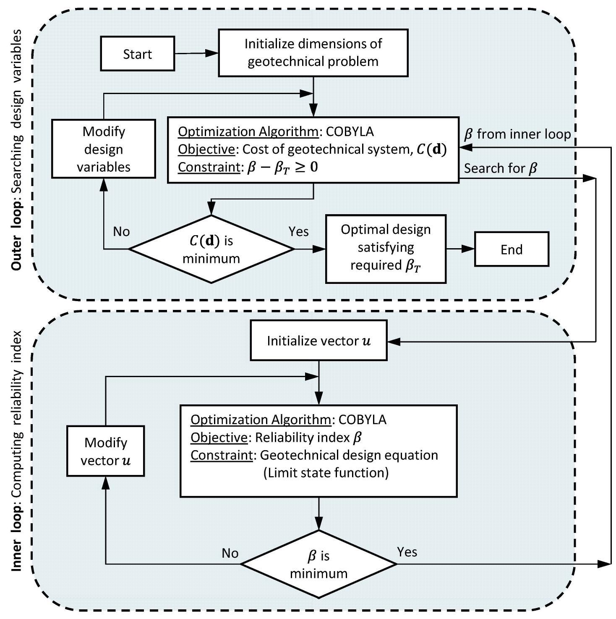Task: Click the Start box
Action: [x=137, y=54]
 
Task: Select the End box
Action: [x=511, y=249]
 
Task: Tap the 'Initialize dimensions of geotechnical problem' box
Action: [x=313, y=53]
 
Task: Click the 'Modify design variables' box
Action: [x=104, y=149]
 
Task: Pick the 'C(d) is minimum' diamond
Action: [x=211, y=249]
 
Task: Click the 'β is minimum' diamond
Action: [x=318, y=564]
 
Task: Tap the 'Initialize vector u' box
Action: [x=318, y=341]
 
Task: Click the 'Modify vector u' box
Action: [x=105, y=451]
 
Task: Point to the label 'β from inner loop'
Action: [x=517, y=134]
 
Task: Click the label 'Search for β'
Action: [x=500, y=168]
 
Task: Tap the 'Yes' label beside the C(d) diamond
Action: [x=298, y=231]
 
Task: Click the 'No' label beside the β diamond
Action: [x=230, y=553]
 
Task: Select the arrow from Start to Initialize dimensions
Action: [x=196, y=53]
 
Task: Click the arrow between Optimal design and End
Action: [x=460, y=249]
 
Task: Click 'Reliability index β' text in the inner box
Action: [x=308, y=438]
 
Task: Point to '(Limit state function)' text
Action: [x=326, y=473]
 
